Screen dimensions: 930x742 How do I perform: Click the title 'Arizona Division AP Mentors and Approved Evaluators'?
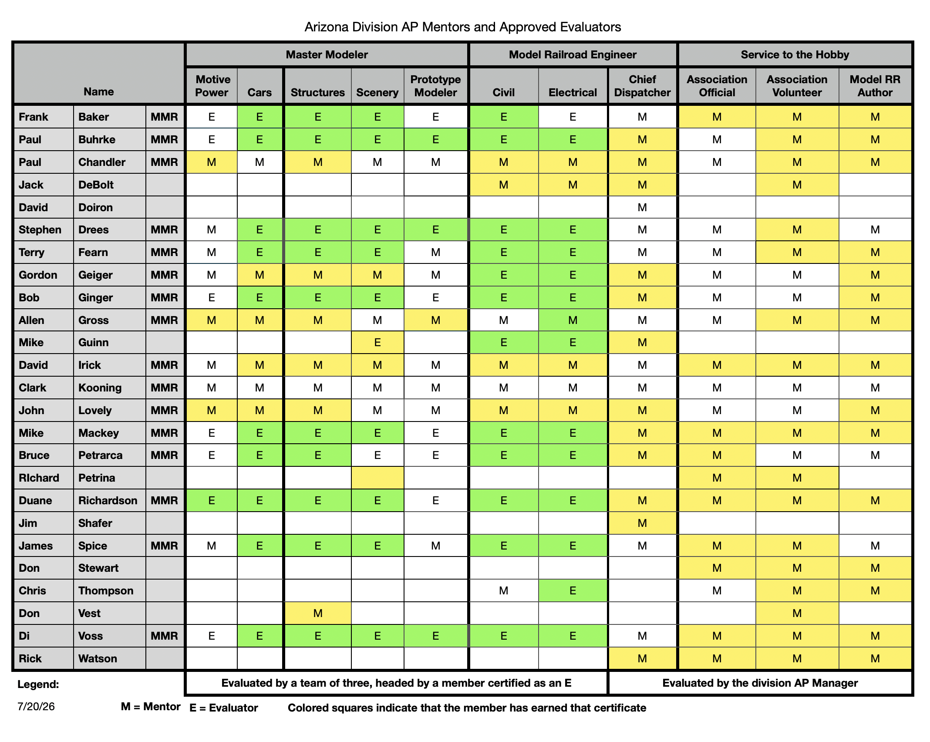tap(462, 27)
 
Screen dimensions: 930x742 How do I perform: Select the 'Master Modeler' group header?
tap(327, 54)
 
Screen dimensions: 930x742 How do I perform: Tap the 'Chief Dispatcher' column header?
tap(642, 86)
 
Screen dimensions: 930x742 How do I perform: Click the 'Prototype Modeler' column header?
tap(435, 86)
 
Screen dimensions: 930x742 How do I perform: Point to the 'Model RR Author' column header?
tap(875, 86)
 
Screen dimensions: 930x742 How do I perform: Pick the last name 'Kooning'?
tap(100, 388)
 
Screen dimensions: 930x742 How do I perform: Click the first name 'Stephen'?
tap(40, 229)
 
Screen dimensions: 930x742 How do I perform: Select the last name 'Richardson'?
tap(108, 500)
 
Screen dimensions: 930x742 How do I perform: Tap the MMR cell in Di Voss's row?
tap(164, 636)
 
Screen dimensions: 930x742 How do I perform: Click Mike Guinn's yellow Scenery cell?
tap(377, 342)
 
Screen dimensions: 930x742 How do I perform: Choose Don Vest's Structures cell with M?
tap(318, 613)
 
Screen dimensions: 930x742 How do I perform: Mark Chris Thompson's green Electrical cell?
tap(573, 590)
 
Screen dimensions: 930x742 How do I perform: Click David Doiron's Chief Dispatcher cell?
tap(642, 207)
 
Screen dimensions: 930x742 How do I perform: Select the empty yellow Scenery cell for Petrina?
tap(377, 478)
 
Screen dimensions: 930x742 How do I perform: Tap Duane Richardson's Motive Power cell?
tap(212, 500)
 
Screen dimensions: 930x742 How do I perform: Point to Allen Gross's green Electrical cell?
tap(573, 320)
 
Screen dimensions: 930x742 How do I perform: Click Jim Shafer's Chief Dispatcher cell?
tap(642, 523)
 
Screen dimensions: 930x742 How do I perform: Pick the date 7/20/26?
tap(36, 706)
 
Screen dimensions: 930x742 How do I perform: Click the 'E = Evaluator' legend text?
tap(224, 708)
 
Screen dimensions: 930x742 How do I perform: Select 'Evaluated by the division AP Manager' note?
tap(760, 683)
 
